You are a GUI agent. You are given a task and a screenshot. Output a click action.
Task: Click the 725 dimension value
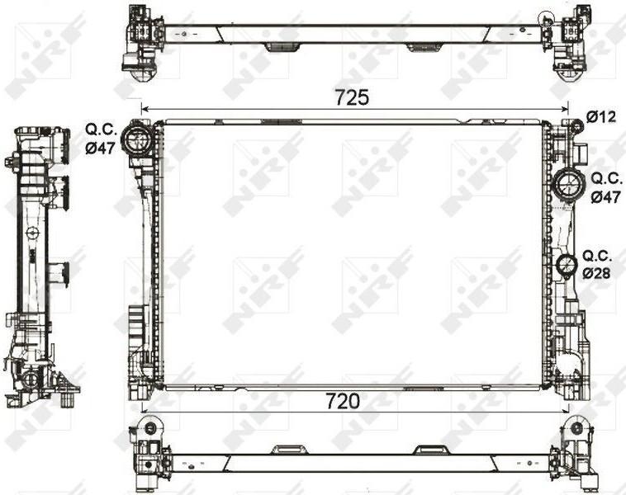tap(352, 97)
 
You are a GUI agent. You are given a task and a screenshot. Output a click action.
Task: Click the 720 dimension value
tap(343, 401)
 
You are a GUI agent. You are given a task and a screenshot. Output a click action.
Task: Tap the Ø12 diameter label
tap(601, 117)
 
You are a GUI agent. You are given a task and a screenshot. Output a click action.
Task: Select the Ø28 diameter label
tap(596, 273)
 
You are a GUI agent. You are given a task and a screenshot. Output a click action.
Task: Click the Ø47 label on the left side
tap(100, 148)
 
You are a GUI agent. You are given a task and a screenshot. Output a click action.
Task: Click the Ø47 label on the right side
tap(605, 196)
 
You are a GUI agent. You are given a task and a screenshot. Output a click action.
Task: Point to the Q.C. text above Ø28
tap(597, 255)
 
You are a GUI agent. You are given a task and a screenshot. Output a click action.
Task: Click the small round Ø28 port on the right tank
tap(567, 265)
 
